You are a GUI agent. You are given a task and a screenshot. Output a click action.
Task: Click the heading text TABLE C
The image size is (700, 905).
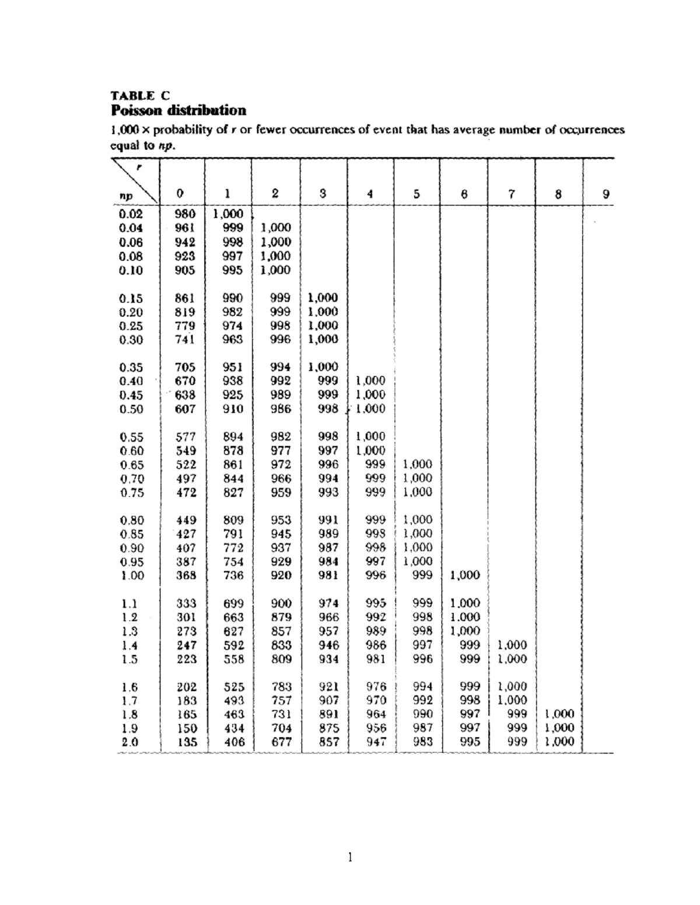pyautogui.click(x=141, y=95)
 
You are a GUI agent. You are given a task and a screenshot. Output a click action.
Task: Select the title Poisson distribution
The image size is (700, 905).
pyautogui.click(x=178, y=110)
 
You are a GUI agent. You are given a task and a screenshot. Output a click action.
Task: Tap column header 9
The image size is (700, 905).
pyautogui.click(x=607, y=194)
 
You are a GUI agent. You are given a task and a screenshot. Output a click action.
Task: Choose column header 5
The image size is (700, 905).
pyautogui.click(x=416, y=194)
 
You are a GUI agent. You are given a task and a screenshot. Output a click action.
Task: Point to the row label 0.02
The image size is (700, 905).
pyautogui.click(x=131, y=214)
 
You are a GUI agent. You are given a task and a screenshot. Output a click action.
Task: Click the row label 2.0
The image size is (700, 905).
pyautogui.click(x=129, y=742)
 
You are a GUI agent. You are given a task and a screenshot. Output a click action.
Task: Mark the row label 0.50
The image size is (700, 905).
pyautogui.click(x=131, y=409)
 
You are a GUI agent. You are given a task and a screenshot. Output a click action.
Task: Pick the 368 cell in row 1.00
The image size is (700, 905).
pyautogui.click(x=186, y=575)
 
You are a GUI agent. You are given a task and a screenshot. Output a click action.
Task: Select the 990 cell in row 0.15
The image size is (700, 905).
pyautogui.click(x=233, y=298)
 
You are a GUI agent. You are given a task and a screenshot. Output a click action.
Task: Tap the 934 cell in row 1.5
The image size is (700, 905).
pyautogui.click(x=329, y=659)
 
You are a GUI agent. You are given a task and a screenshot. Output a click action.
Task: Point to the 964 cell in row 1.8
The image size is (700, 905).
pyautogui.click(x=376, y=714)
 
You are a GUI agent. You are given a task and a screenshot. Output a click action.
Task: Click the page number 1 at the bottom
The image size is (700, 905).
pyautogui.click(x=349, y=857)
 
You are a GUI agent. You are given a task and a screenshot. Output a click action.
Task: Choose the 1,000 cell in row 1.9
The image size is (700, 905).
pyautogui.click(x=559, y=728)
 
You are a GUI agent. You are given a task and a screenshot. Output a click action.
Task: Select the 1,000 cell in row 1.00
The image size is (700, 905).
pyautogui.click(x=465, y=575)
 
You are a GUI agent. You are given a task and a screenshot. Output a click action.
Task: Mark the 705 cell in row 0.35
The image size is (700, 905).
pyautogui.click(x=186, y=367)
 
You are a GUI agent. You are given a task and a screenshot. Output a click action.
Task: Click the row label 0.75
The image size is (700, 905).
pyautogui.click(x=131, y=492)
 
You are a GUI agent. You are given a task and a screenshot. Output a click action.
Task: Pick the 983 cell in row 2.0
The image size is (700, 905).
pyautogui.click(x=422, y=742)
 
